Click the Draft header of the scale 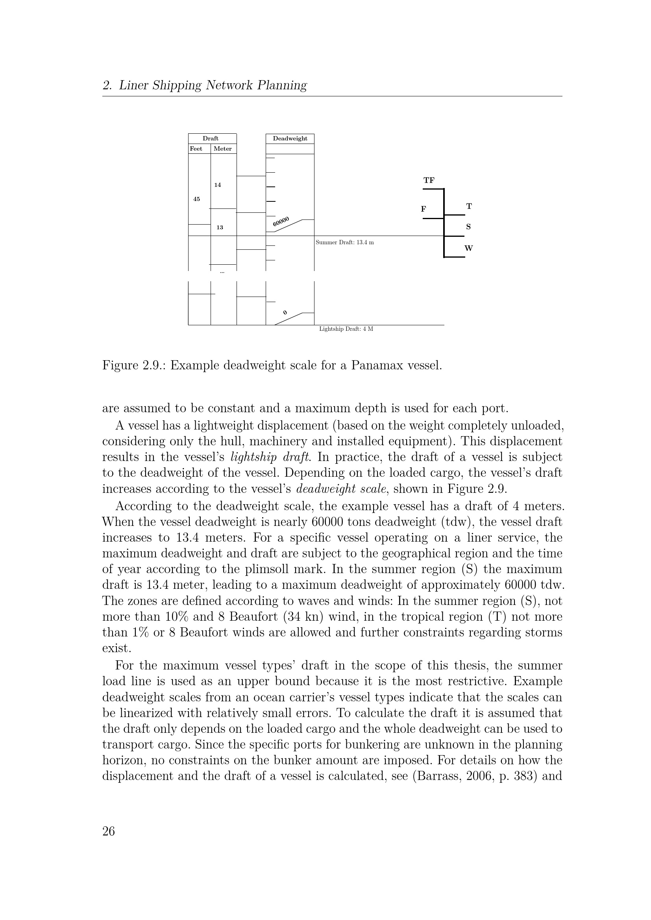click(211, 138)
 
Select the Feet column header click(196, 149)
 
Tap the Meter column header click(222, 149)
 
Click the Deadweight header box click(290, 138)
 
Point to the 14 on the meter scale click(218, 185)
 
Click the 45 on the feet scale click(196, 199)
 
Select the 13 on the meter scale click(220, 228)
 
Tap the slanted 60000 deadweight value click(281, 221)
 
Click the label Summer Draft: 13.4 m click(345, 242)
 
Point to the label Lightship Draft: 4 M click(346, 329)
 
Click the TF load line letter click(429, 180)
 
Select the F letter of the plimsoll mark click(424, 209)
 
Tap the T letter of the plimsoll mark click(469, 206)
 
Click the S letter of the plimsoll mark click(468, 227)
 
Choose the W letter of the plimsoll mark click(469, 248)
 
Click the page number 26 click(109, 832)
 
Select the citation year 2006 click(480, 776)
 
